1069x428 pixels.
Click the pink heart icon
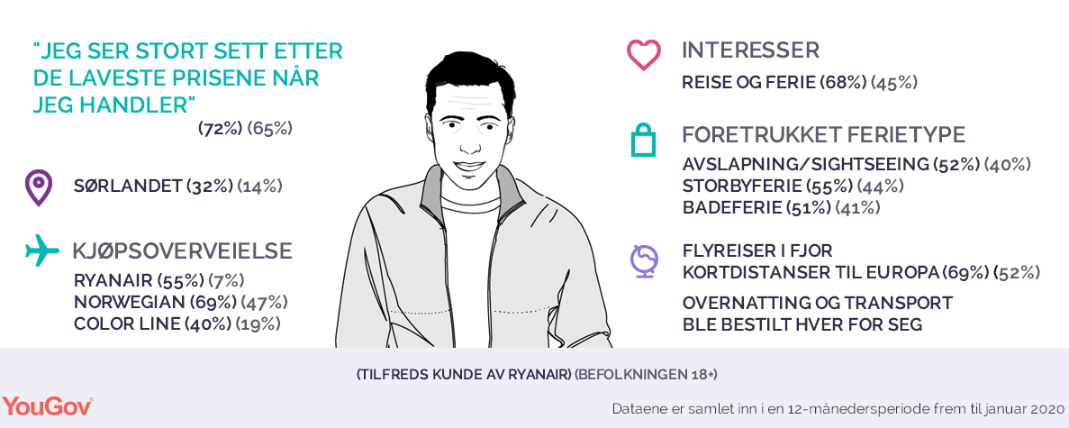(644, 55)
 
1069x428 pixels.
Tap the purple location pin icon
(38, 187)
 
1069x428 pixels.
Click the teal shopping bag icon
(644, 141)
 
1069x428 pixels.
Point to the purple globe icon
(643, 262)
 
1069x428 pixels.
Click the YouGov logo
(48, 406)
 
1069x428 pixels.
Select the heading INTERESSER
(750, 50)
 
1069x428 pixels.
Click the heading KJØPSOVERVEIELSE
(183, 251)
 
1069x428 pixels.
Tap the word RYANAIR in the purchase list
(113, 280)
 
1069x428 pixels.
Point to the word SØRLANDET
(128, 187)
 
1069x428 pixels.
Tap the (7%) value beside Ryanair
(227, 280)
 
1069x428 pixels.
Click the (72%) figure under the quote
(221, 128)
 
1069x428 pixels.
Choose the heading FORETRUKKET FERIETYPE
(823, 135)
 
